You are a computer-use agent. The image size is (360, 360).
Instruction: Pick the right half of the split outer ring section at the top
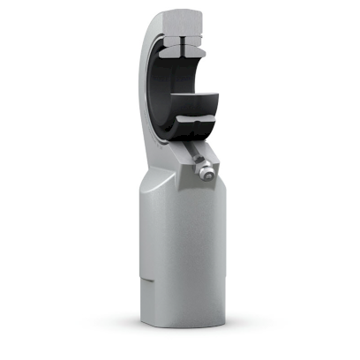199,40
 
